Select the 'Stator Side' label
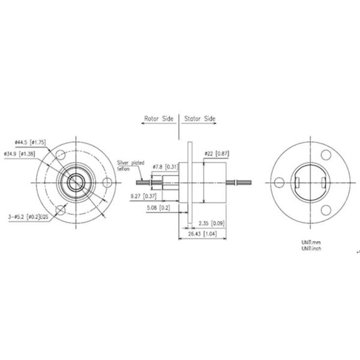tap(200, 119)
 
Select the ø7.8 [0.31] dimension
tap(165, 166)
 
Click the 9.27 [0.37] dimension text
tap(143, 196)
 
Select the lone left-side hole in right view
tap(278, 181)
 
